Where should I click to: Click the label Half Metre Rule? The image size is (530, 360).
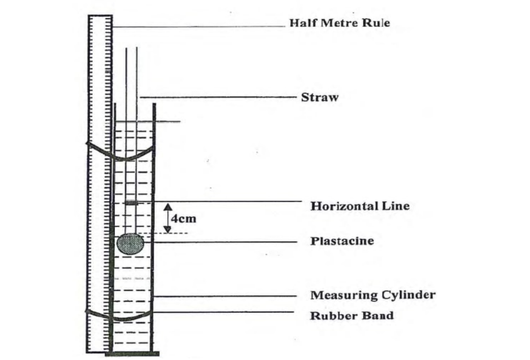(340, 23)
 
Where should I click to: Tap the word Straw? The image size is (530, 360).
(319, 98)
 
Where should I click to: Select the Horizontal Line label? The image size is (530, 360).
(360, 206)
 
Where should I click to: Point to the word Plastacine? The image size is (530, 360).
(342, 241)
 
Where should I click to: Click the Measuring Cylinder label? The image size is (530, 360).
(373, 295)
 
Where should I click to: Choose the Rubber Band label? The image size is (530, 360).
(352, 315)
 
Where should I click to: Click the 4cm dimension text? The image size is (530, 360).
(184, 219)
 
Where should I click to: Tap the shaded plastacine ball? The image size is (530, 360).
(130, 243)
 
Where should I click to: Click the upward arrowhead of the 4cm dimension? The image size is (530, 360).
(168, 207)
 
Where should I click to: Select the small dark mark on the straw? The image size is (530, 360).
(132, 203)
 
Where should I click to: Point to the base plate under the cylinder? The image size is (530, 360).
(132, 354)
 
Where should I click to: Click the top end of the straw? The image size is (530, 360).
(132, 48)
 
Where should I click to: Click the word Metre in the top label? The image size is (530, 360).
(338, 23)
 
